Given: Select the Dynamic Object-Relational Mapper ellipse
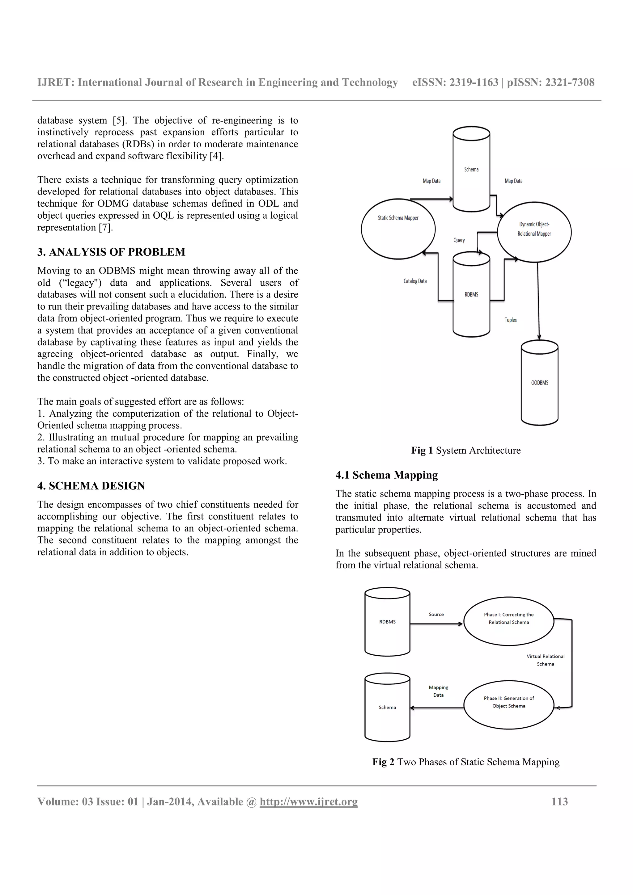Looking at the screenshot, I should point(534,232).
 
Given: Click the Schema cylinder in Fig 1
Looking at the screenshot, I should point(471,170).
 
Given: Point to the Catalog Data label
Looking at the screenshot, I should point(415,281).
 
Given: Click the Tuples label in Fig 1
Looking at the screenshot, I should point(511,320).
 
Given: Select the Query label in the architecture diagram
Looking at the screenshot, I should point(459,240).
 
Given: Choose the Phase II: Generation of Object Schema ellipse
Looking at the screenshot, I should point(508,702).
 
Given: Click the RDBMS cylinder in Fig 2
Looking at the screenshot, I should point(387,622).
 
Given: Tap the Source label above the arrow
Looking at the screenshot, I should point(436,614).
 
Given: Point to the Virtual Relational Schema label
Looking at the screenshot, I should point(545,660).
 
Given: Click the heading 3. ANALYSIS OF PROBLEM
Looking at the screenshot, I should point(111,252).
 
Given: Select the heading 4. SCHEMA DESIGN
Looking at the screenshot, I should point(91,486).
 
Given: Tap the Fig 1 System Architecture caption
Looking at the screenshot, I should point(466,450).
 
